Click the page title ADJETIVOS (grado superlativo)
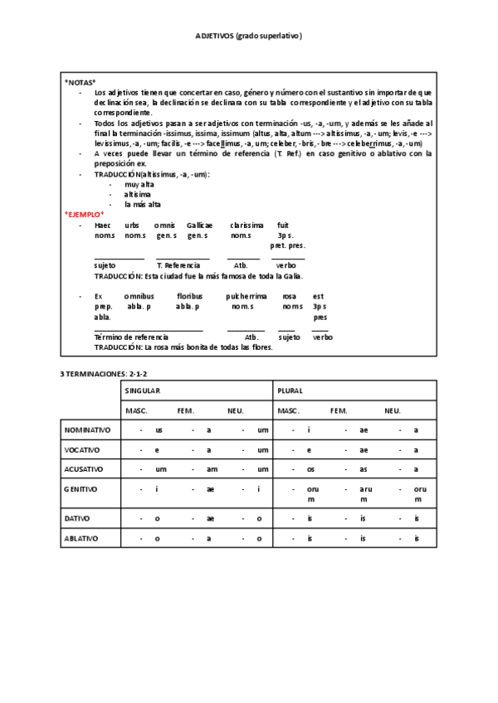[x=249, y=36]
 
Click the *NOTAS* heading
[x=81, y=82]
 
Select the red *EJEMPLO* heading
[x=85, y=214]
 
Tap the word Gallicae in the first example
[x=199, y=225]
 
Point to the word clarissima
[x=247, y=225]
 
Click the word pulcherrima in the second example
[x=247, y=296]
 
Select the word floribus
[x=189, y=296]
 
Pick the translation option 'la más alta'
[x=143, y=204]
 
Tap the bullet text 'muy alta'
[x=139, y=184]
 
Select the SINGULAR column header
[x=143, y=390]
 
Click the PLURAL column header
[x=290, y=390]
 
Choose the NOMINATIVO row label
[x=88, y=430]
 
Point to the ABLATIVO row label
[x=81, y=538]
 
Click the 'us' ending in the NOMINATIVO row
[x=159, y=430]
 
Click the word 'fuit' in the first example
[x=283, y=225]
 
